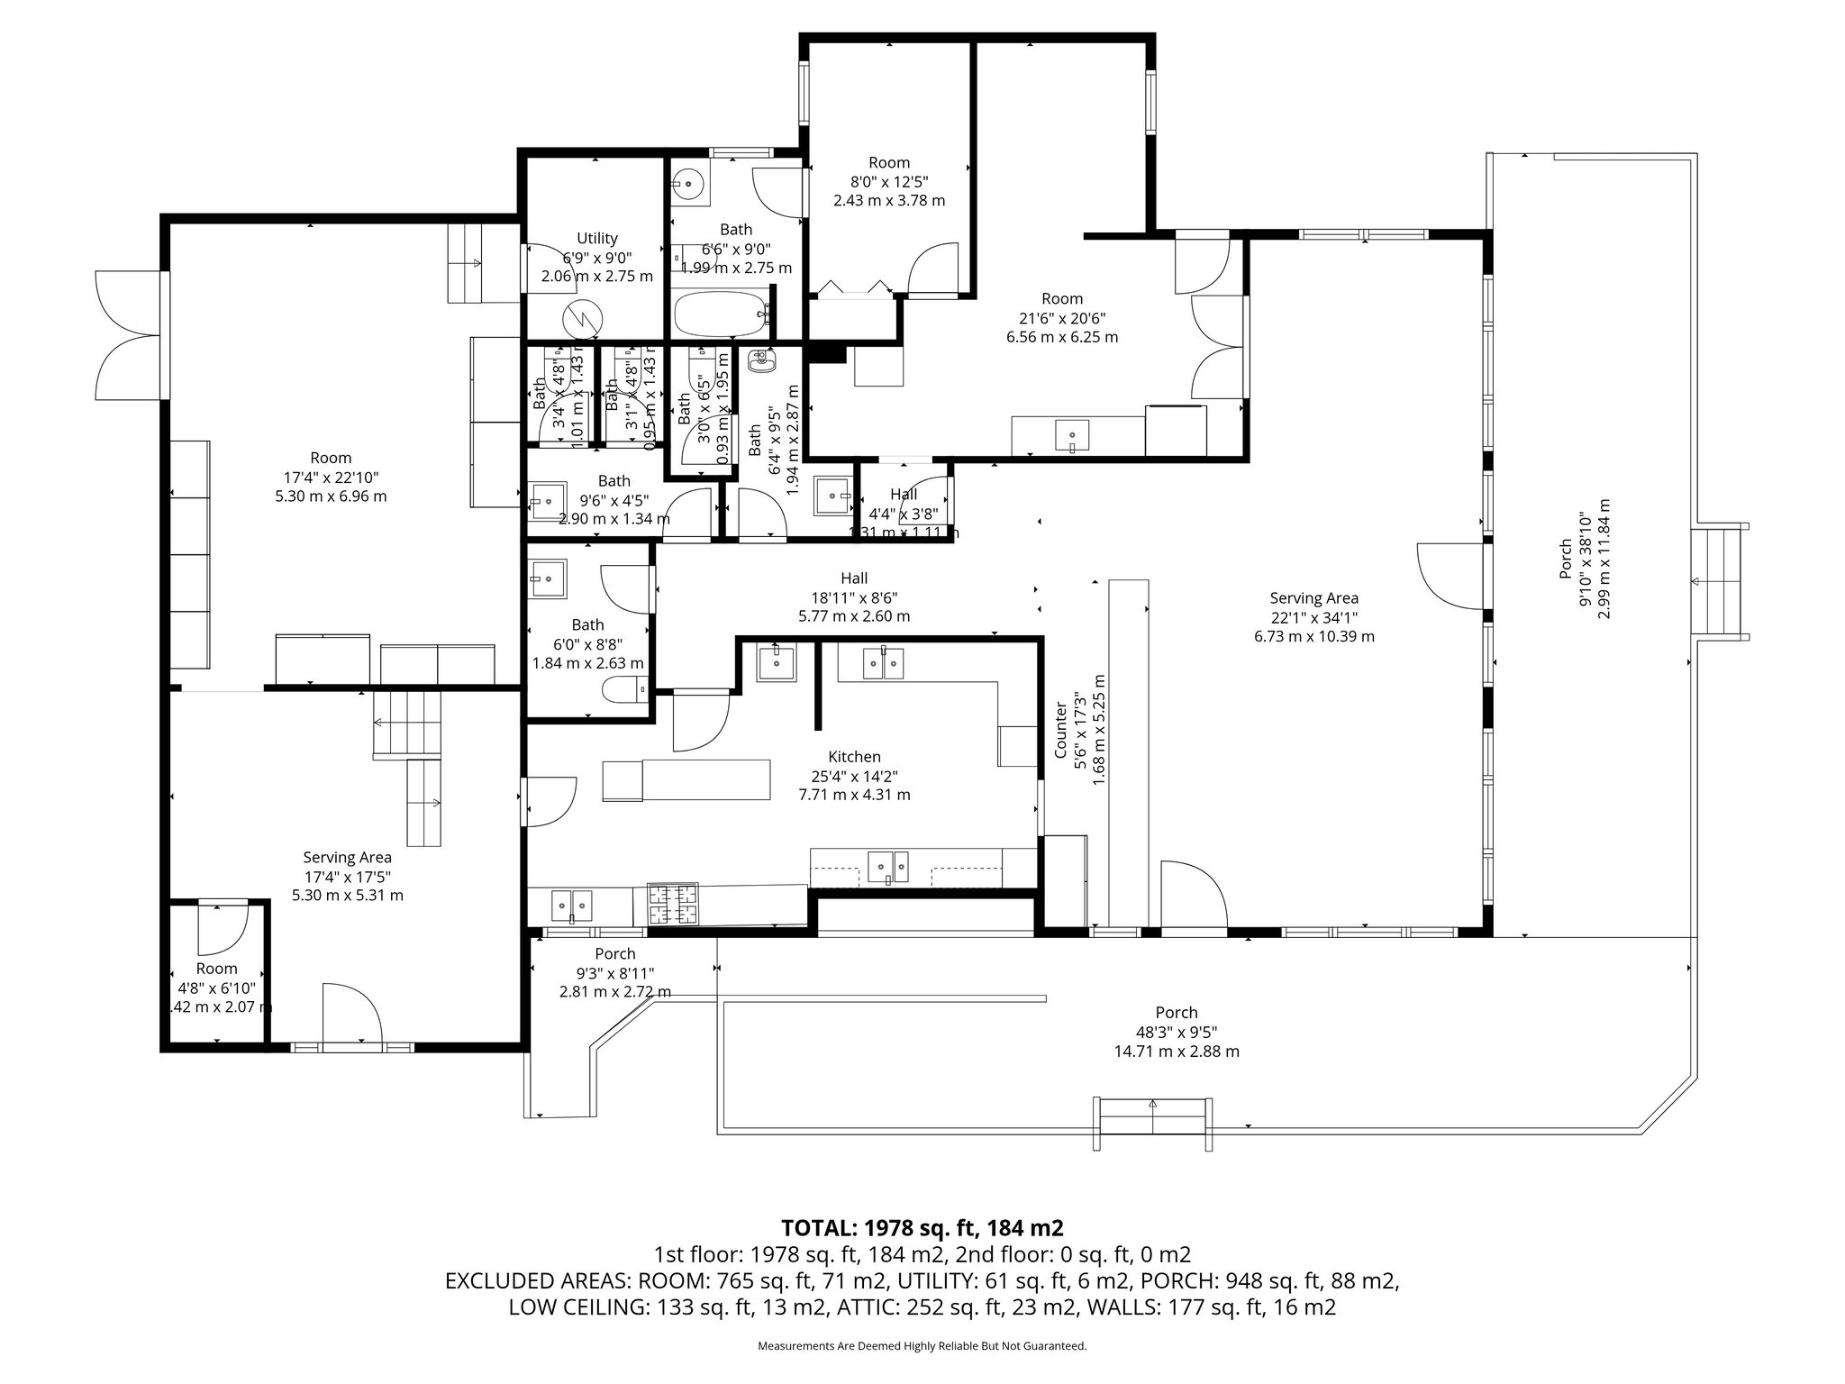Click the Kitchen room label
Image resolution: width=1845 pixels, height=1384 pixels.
click(x=854, y=757)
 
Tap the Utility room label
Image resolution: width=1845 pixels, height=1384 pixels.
click(x=596, y=238)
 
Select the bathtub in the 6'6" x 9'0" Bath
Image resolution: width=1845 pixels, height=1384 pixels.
click(x=723, y=313)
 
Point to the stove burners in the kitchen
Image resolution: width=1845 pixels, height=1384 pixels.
click(x=674, y=906)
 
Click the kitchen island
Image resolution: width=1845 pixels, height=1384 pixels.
click(x=686, y=780)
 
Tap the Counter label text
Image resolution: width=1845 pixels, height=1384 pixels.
click(x=1060, y=730)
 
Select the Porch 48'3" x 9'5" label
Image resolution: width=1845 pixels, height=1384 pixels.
click(x=1177, y=1013)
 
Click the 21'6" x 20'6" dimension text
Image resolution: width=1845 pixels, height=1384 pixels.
click(x=1062, y=318)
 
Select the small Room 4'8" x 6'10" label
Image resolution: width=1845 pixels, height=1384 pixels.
click(x=216, y=969)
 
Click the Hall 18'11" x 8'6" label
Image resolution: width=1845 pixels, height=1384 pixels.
click(x=854, y=578)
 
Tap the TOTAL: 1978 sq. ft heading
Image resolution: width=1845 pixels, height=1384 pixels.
click(x=922, y=1227)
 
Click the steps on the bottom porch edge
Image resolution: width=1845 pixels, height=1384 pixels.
click(x=1152, y=1121)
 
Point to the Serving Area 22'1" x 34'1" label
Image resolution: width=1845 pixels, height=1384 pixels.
click(x=1313, y=598)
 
